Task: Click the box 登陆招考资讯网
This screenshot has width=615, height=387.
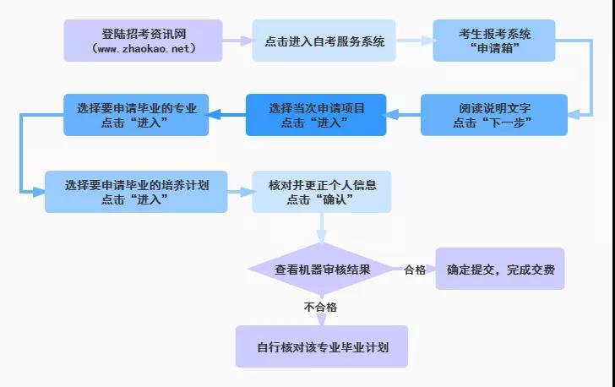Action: click(143, 41)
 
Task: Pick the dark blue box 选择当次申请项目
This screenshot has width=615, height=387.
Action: click(316, 115)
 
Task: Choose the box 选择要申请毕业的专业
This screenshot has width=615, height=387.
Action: click(136, 115)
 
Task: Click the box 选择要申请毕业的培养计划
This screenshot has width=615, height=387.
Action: click(136, 191)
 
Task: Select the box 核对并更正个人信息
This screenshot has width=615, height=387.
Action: click(322, 191)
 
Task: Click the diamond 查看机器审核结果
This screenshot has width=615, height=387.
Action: click(321, 270)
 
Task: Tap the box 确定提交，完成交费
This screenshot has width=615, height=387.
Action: click(499, 270)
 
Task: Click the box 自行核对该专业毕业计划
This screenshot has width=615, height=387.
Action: click(321, 346)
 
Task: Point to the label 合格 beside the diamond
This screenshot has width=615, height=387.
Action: click(415, 270)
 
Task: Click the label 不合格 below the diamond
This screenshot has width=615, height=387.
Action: click(321, 307)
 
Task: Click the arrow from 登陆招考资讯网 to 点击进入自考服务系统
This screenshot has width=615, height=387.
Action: click(237, 40)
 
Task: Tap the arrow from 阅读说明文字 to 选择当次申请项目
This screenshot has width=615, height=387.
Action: click(404, 115)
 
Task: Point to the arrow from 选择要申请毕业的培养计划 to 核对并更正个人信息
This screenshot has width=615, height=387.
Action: click(240, 192)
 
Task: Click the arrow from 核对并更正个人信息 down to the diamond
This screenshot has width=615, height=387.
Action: click(321, 226)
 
